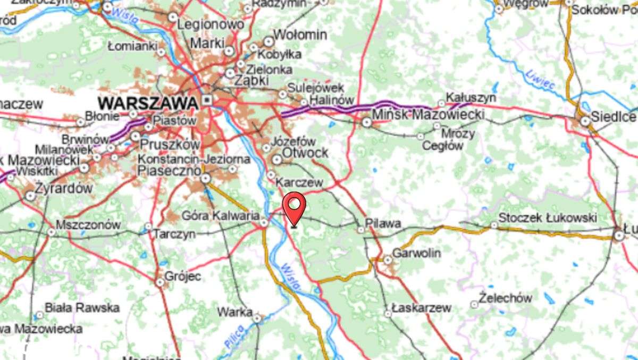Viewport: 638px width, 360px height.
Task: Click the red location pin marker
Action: tap(294, 207)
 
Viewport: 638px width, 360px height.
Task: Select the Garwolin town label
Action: tap(416, 253)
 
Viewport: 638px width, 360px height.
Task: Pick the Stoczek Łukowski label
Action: tap(548, 217)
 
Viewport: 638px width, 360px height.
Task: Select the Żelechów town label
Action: tap(505, 298)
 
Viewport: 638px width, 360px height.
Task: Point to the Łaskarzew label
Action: tap(421, 307)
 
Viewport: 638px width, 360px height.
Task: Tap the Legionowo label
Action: tap(211, 24)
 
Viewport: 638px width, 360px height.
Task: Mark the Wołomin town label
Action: tap(300, 35)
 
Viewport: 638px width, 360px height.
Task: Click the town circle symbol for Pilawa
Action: tap(362, 230)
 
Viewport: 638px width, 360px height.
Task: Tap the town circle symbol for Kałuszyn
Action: tap(441, 103)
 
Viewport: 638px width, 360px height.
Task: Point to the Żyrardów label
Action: tap(64, 188)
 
